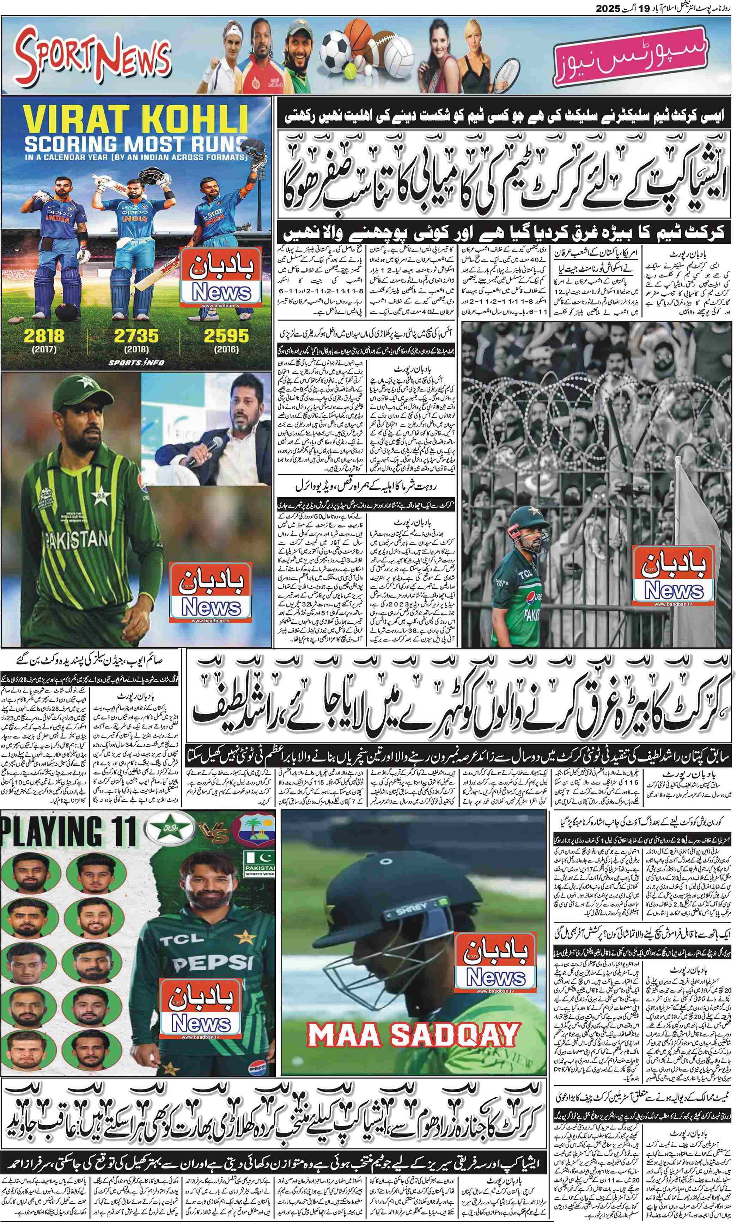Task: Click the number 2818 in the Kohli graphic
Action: coord(44,336)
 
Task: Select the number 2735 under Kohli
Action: coord(136,336)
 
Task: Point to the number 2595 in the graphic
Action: coord(226,336)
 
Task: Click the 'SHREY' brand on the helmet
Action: coord(412,907)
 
